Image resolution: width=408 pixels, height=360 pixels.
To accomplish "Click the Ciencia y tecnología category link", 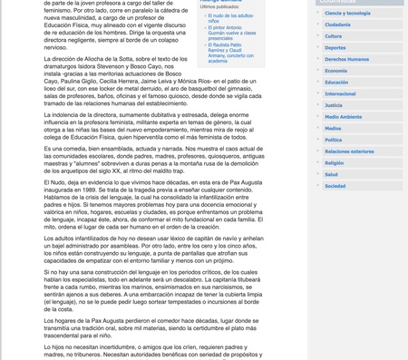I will coord(347,14).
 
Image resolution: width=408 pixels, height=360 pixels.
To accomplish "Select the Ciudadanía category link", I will coord(337,24).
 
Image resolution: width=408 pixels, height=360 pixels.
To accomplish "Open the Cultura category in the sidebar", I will coord(334,36).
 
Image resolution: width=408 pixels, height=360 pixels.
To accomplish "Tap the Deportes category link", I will coord(335,47).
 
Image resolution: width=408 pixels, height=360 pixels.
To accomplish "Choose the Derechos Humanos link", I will coord(346,59).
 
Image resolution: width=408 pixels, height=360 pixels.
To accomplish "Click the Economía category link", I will coord(335,71).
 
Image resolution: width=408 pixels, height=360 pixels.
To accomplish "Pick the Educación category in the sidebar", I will coord(336,82).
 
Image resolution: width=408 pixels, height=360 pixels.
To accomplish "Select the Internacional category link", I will coord(340,93).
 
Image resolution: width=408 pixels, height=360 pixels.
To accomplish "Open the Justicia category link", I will coord(334,105).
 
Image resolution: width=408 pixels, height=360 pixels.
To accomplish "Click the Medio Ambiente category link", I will coord(343,117).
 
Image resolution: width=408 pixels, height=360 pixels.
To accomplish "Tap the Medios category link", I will coord(333,128).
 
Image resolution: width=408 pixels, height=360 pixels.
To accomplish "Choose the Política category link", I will coord(334,140).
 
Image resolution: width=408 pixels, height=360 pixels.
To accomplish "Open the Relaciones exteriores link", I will coord(349,151).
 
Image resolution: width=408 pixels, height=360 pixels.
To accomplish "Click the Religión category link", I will coord(335,162).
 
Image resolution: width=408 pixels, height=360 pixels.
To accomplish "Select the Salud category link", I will coord(331,174).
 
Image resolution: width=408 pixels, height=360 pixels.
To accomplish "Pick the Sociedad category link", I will coord(335,185).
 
